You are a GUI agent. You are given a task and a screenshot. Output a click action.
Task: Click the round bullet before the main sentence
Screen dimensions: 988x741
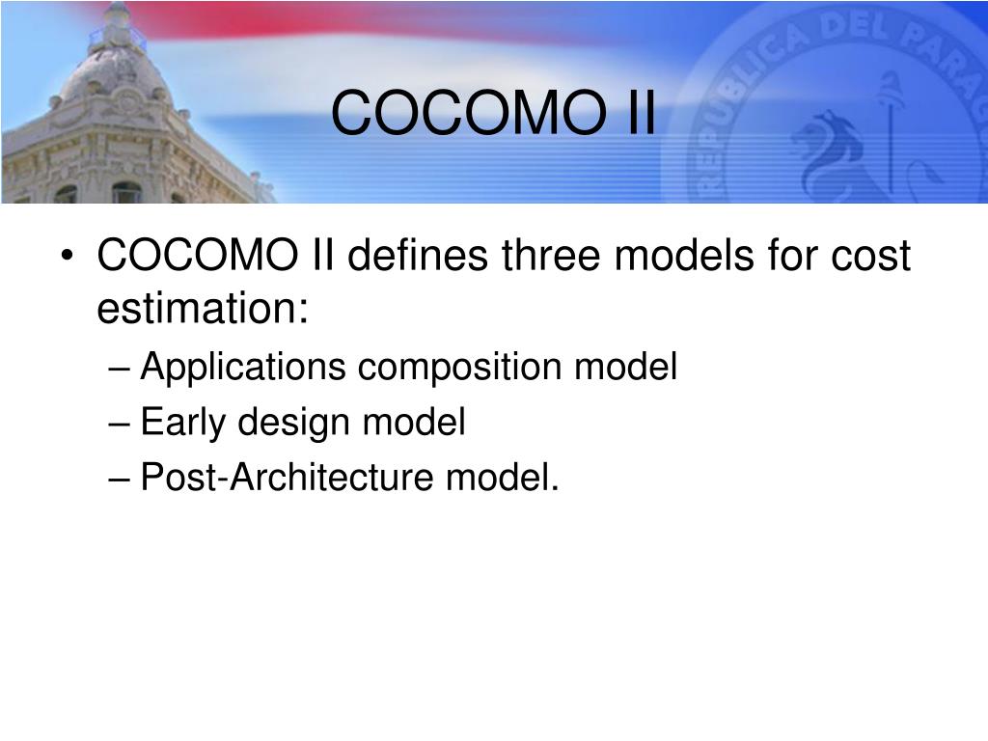pos(68,256)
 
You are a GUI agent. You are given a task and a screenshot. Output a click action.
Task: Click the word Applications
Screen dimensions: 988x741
pos(243,367)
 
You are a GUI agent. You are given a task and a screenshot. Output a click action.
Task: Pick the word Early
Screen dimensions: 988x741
pos(182,423)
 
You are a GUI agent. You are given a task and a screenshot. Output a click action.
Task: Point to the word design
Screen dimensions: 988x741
pos(293,423)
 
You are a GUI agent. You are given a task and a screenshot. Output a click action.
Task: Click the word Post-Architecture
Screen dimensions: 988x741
pos(288,477)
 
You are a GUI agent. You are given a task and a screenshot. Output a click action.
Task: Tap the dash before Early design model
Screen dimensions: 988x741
pos(119,425)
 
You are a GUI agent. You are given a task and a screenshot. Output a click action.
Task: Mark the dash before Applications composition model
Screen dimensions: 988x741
pos(119,369)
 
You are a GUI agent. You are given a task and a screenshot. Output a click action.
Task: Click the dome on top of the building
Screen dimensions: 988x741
pos(116,69)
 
